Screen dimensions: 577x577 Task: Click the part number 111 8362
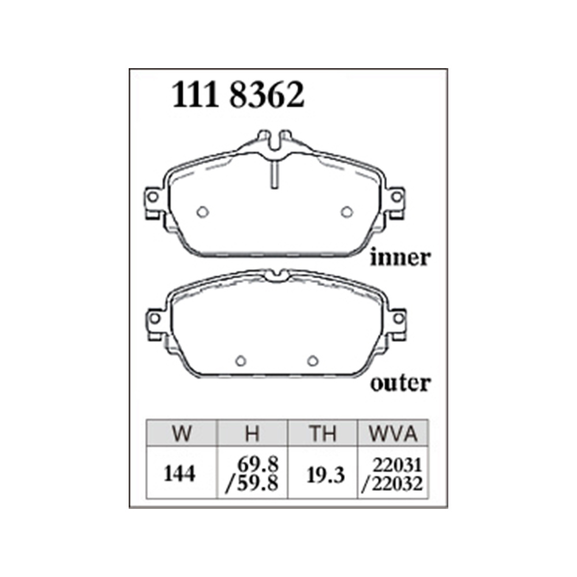[x=238, y=95]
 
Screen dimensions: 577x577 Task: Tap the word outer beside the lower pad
[x=400, y=384]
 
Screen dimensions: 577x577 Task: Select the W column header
[x=182, y=433]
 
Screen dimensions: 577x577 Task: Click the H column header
[x=253, y=433]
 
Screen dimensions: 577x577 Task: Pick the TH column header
[x=323, y=433]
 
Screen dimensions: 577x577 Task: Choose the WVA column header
[x=394, y=433]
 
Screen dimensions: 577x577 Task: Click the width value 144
[x=179, y=474]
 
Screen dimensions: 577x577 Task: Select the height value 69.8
[x=257, y=464]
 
